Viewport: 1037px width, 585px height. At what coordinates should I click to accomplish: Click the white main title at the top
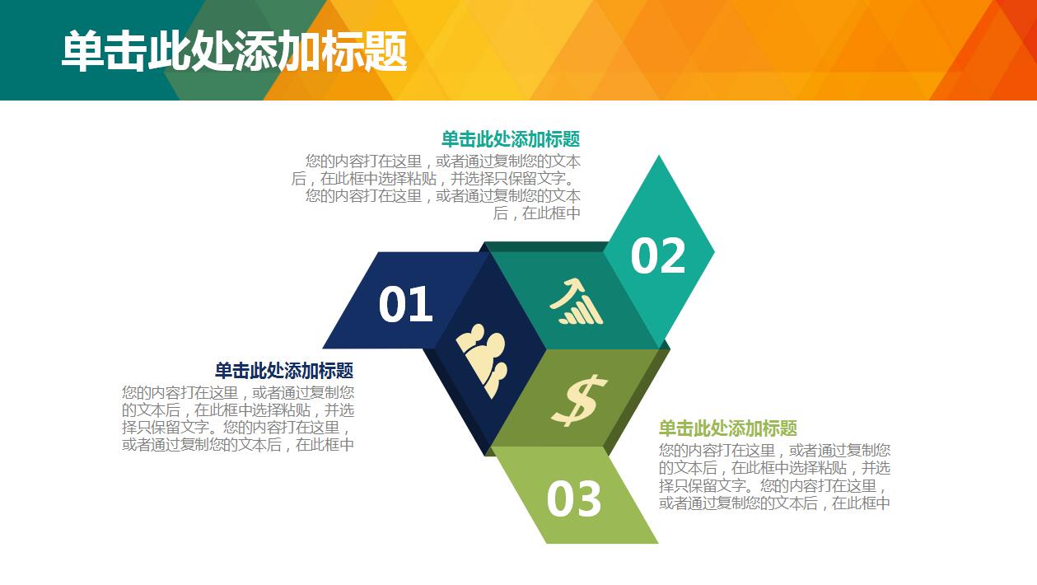tap(234, 51)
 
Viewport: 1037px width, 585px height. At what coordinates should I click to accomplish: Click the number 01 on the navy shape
tap(405, 305)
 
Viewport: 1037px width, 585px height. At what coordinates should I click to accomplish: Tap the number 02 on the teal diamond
tap(658, 255)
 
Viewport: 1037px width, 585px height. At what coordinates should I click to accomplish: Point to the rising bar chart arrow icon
tap(577, 302)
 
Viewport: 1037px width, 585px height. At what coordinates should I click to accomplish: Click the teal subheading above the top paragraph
tap(510, 138)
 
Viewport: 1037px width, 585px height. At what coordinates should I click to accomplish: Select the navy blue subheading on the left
tap(284, 371)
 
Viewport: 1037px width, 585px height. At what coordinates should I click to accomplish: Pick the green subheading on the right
tap(727, 428)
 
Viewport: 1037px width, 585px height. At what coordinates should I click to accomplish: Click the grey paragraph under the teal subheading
tap(437, 187)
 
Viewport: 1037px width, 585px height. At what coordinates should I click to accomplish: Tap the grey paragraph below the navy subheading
tap(238, 419)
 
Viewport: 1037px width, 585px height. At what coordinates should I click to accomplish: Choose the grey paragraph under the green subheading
tap(774, 476)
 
